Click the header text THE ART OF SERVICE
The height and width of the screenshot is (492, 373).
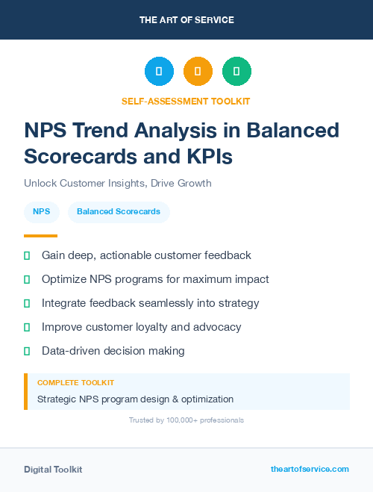click(x=186, y=20)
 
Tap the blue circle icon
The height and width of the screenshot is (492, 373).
click(x=159, y=72)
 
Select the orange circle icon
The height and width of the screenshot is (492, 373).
click(x=198, y=72)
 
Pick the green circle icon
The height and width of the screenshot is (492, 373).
click(x=236, y=72)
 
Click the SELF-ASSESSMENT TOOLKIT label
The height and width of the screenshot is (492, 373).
click(x=186, y=101)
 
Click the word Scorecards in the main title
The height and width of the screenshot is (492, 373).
click(x=81, y=157)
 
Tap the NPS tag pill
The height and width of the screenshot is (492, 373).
click(x=42, y=212)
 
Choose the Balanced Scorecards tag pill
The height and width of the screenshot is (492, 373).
click(x=119, y=212)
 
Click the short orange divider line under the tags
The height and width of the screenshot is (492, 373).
click(x=35, y=235)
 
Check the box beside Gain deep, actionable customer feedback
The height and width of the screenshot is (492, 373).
click(x=27, y=256)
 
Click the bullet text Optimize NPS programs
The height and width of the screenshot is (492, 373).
click(x=155, y=279)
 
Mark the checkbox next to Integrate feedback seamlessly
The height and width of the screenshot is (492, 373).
click(x=27, y=303)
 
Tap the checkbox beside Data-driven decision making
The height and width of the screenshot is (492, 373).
click(x=27, y=351)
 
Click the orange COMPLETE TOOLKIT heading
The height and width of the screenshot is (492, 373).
click(x=75, y=382)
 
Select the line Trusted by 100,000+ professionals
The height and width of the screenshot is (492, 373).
click(x=186, y=420)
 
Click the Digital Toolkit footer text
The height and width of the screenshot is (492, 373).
click(x=53, y=470)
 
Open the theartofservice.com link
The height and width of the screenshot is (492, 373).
click(x=310, y=469)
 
